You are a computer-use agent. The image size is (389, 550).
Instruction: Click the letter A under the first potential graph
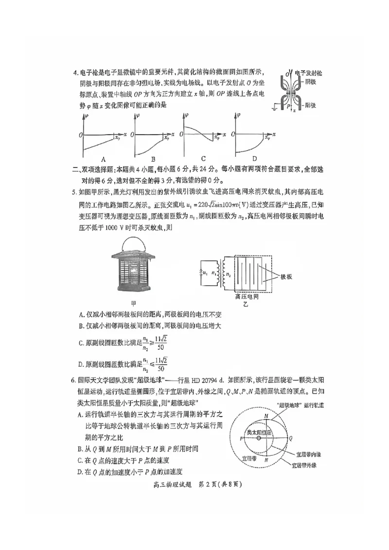pyautogui.click(x=103, y=159)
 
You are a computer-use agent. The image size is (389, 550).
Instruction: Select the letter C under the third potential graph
pyautogui.click(x=203, y=158)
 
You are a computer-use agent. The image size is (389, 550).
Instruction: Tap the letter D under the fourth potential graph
pyautogui.click(x=254, y=158)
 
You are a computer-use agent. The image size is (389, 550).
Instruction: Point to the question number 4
pyautogui.click(x=75, y=73)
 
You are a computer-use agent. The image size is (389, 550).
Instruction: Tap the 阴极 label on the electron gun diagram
pyautogui.click(x=312, y=83)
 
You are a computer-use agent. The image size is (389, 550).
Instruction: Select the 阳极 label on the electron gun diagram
pyautogui.click(x=312, y=104)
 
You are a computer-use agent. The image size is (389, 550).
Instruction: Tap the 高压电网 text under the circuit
pyautogui.click(x=247, y=296)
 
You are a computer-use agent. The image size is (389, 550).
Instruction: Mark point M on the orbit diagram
pyautogui.click(x=265, y=416)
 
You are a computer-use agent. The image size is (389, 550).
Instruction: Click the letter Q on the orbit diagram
pyautogui.click(x=291, y=438)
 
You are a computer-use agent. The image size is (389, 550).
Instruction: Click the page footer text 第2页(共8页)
pyautogui.click(x=221, y=484)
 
